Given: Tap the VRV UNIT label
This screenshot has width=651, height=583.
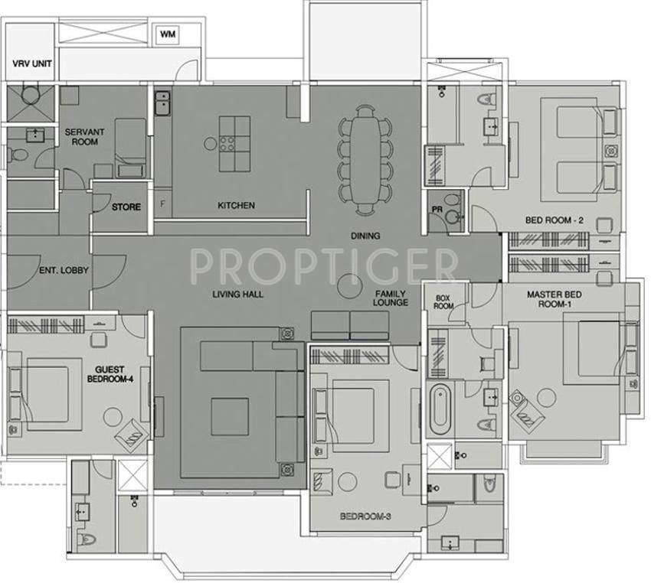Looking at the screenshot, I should tap(31, 64).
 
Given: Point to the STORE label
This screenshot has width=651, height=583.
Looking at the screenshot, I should tap(126, 207).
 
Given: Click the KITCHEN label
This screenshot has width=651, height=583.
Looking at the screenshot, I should tap(236, 206).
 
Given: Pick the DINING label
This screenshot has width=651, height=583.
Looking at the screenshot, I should tap(365, 236).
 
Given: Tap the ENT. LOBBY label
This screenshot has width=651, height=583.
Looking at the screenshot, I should tap(64, 270).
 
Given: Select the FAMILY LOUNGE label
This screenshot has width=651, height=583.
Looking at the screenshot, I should tap(391, 298).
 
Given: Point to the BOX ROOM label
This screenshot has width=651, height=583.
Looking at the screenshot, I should tap(444, 301).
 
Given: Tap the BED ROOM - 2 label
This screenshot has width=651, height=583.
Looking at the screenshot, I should tap(554, 221).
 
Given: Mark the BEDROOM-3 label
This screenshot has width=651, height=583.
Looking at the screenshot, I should tap(366, 517).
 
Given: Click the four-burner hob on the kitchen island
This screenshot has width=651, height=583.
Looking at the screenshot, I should tap(229, 142).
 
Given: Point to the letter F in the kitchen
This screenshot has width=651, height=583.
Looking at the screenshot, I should tap(162, 204).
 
